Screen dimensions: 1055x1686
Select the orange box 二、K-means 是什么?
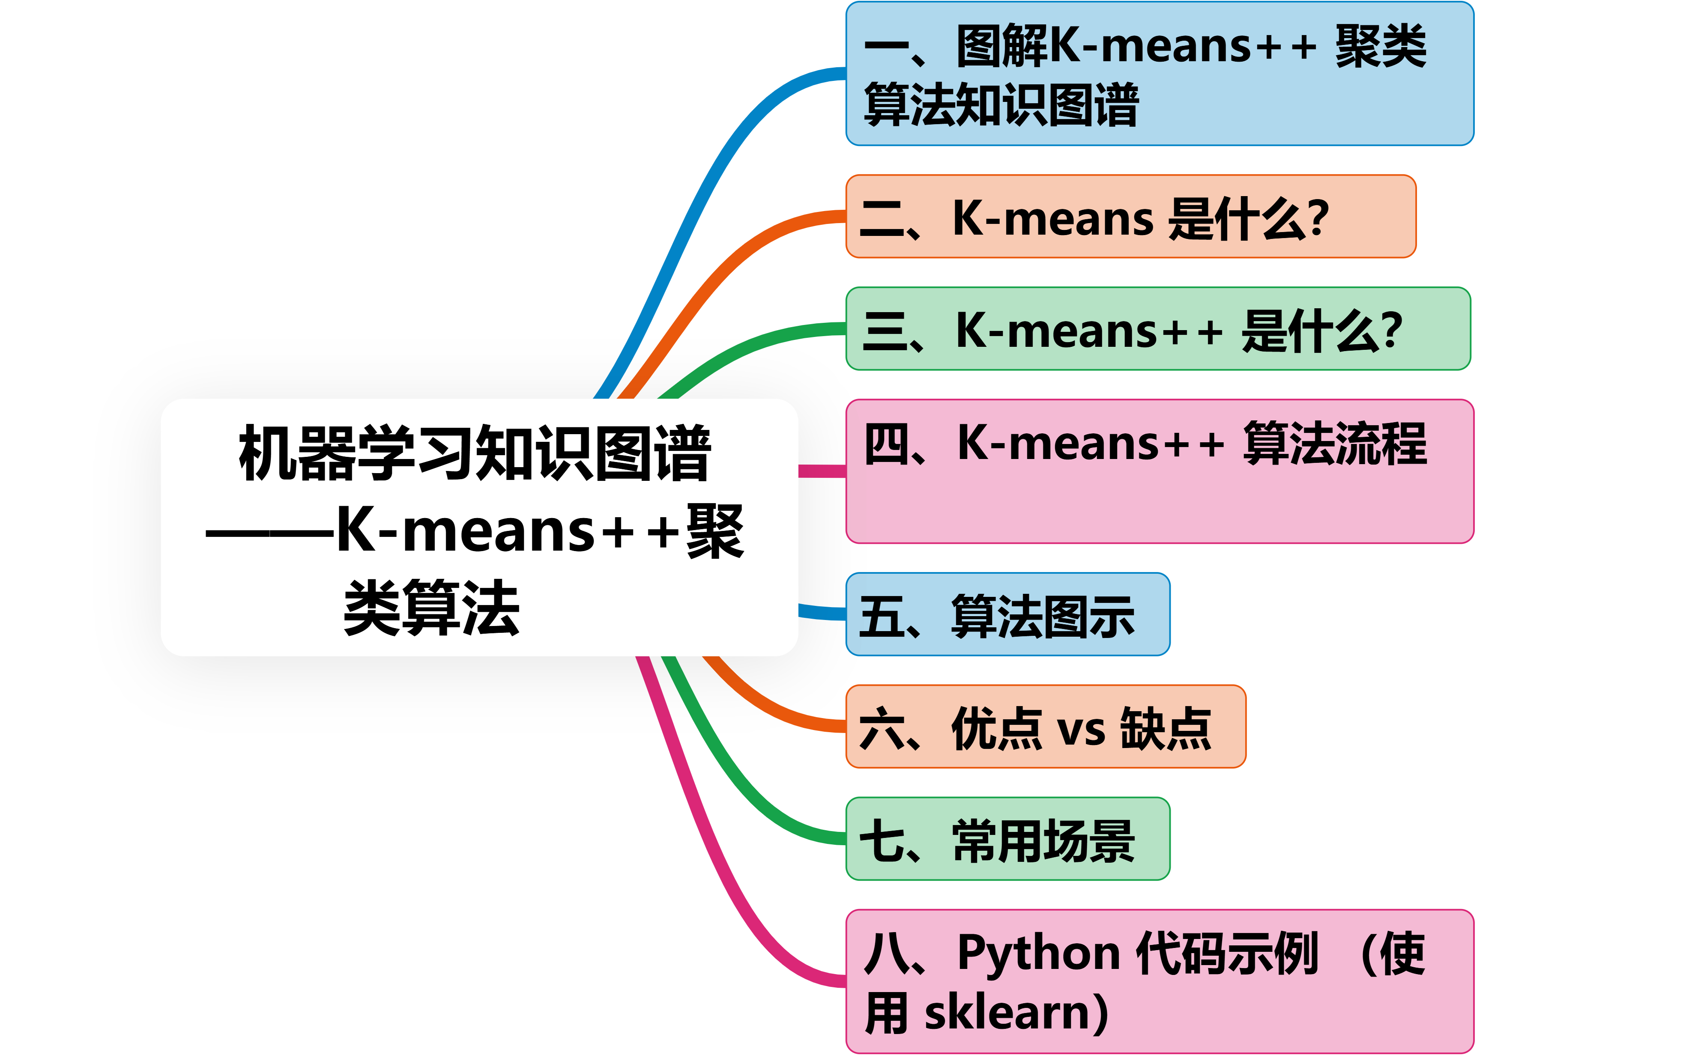(1130, 216)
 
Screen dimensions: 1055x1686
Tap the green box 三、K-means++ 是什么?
(1158, 329)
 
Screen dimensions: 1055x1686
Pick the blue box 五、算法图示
(1007, 614)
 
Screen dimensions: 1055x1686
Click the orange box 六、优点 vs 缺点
(1045, 726)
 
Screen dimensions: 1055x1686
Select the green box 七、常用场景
(1007, 839)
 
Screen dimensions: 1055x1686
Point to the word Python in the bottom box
(1038, 953)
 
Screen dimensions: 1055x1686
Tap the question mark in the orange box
(1318, 218)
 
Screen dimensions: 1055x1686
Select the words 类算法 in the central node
(431, 607)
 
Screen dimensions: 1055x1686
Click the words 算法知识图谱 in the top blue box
(1001, 104)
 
